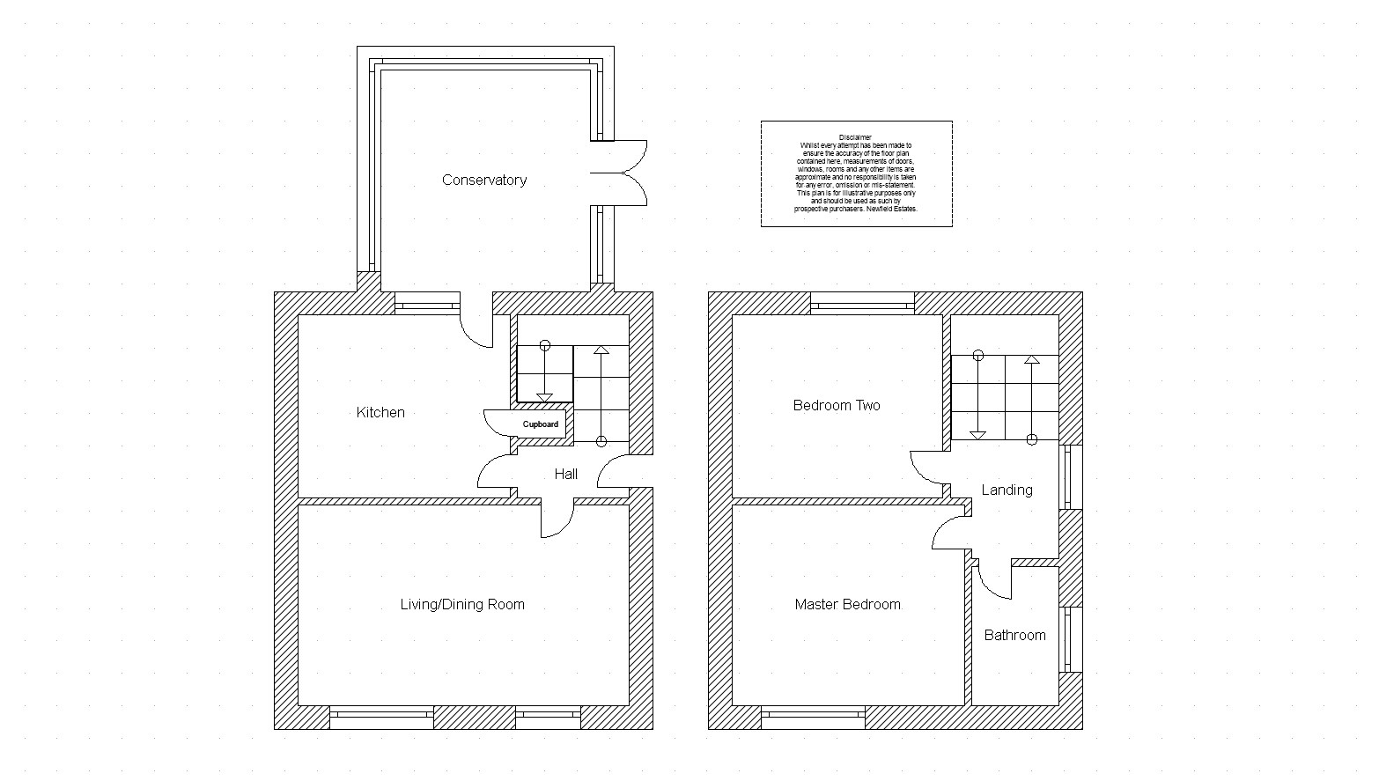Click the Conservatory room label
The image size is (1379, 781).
coord(484,181)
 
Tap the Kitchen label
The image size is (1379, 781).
coord(380,412)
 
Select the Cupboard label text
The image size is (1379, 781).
coord(541,424)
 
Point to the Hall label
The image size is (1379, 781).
coord(565,474)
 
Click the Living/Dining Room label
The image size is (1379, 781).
coord(462,604)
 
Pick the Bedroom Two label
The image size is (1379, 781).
coord(837,406)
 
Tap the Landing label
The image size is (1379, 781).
coord(1007,490)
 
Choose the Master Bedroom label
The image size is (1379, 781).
coord(848,604)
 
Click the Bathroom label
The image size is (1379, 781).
coord(1015,635)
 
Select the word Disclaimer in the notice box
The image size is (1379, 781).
coord(856,138)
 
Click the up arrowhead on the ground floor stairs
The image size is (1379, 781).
coord(601,350)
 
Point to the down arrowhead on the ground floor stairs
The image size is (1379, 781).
coord(545,398)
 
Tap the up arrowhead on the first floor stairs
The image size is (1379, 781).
coord(1032,359)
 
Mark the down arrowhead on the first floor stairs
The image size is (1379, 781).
coord(978,435)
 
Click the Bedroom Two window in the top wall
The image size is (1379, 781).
coord(862,304)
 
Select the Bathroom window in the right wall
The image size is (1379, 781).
coord(1071,639)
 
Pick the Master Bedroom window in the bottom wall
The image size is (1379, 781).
coord(814,718)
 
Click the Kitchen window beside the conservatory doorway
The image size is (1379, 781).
coord(427,304)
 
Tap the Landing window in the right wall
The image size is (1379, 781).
coord(1071,477)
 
